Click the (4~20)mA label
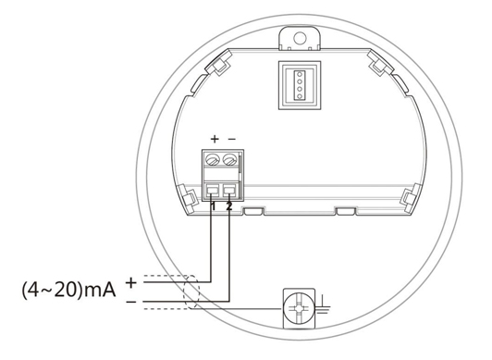[68, 290]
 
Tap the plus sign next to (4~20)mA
[131, 283]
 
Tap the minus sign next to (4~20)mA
[131, 302]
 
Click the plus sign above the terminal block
[215, 139]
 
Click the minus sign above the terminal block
[231, 139]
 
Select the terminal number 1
[214, 206]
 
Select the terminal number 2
[229, 206]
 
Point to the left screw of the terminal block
[213, 160]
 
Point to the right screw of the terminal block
[229, 160]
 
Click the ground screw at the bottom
[299, 308]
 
